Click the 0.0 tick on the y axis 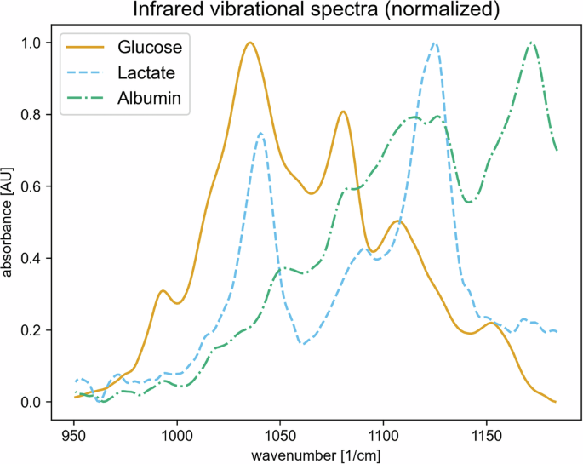31,402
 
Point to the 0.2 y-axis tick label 31,329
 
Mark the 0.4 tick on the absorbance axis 31,258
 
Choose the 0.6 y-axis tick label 31,186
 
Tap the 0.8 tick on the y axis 31,114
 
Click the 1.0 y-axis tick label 31,43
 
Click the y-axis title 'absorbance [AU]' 9,222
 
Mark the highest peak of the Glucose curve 249,43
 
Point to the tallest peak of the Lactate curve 435,43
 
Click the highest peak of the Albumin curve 532,43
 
